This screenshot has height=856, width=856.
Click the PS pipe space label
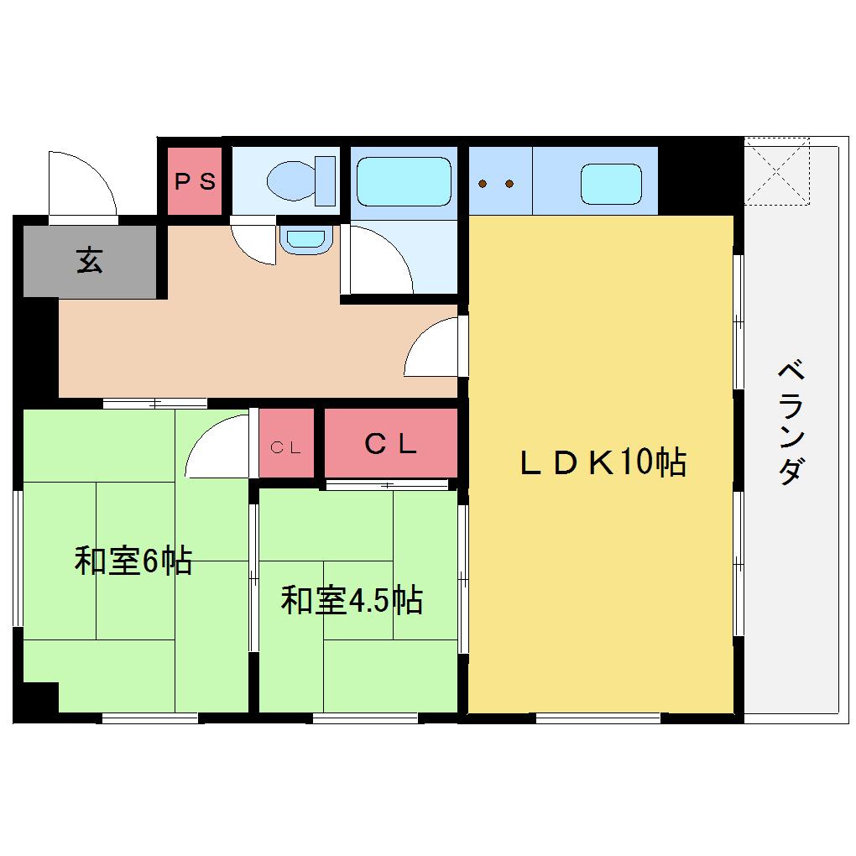(195, 181)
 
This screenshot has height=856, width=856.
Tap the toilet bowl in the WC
(291, 180)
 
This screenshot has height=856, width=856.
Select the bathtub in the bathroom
(404, 181)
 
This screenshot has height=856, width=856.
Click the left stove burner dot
(483, 184)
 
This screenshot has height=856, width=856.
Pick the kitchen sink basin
(611, 184)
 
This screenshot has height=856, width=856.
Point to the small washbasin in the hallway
(305, 240)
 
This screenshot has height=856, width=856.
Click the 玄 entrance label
(90, 260)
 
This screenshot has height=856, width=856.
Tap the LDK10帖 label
(603, 462)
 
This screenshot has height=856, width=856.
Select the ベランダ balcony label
(791, 422)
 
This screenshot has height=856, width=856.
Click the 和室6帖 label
(133, 560)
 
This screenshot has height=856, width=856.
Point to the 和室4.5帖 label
(352, 600)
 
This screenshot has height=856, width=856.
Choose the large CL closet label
(390, 444)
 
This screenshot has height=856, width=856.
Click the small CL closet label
(285, 447)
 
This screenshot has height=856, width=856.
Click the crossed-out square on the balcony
(777, 171)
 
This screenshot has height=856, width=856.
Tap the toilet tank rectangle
(326, 180)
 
